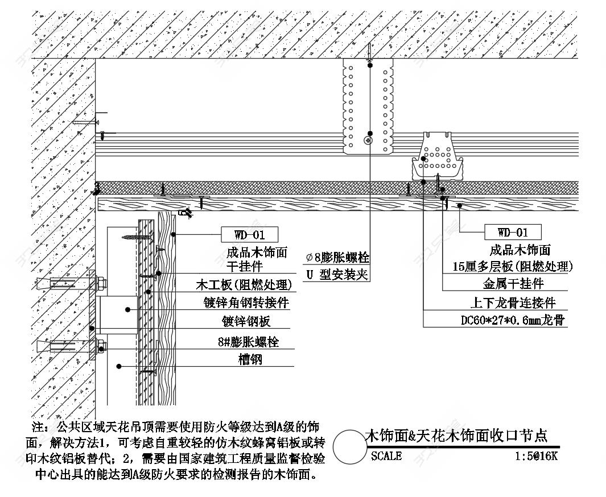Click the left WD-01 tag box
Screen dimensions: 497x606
click(x=249, y=233)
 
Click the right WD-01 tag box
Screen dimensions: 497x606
click(x=512, y=232)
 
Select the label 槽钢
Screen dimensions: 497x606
click(x=250, y=360)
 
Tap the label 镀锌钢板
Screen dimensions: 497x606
click(x=246, y=322)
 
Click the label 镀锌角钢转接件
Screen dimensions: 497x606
click(x=246, y=303)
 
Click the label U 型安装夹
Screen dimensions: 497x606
click(x=337, y=275)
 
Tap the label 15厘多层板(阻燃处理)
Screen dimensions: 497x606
click(x=512, y=266)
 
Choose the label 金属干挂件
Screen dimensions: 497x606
click(x=513, y=284)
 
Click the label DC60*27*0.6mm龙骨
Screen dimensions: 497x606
click(x=512, y=321)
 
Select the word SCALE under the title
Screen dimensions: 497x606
click(x=386, y=457)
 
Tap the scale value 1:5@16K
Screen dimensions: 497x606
click(x=536, y=457)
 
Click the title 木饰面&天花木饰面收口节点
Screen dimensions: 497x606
click(x=455, y=436)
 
